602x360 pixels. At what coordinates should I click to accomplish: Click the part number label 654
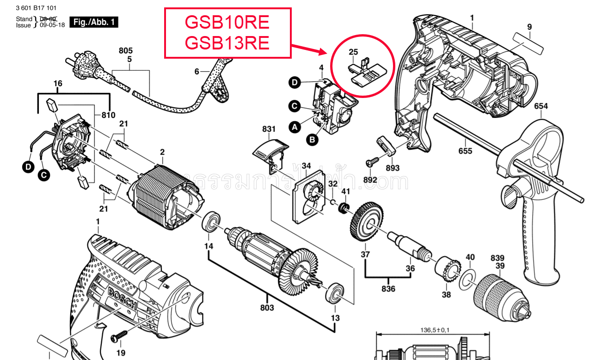pos(541,106)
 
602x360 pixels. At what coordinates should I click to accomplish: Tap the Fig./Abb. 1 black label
pos(94,22)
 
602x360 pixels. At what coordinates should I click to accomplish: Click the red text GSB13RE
pos(227,43)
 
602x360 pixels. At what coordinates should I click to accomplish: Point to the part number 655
pos(465,151)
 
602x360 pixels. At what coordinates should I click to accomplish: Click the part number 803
pos(267,307)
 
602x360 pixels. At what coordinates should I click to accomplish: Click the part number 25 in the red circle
pos(354,52)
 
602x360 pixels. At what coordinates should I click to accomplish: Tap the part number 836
pos(388,289)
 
